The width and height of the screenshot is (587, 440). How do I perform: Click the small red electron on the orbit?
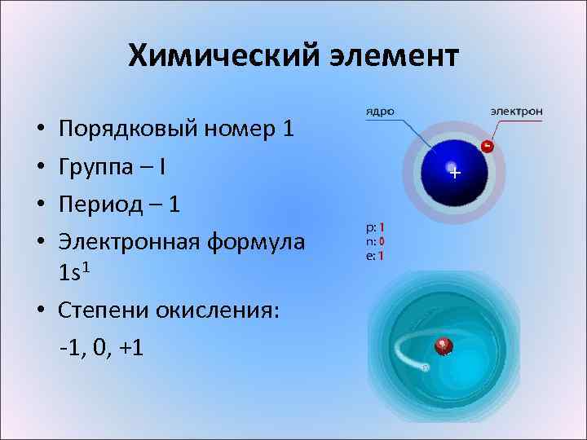coord(487,147)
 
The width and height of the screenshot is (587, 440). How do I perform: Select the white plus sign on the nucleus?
coord(455,173)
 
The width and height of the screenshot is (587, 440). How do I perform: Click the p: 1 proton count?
coord(375,228)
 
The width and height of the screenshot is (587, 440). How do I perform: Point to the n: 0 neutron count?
coord(375,241)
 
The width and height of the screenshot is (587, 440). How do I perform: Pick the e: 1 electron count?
coord(375,255)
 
